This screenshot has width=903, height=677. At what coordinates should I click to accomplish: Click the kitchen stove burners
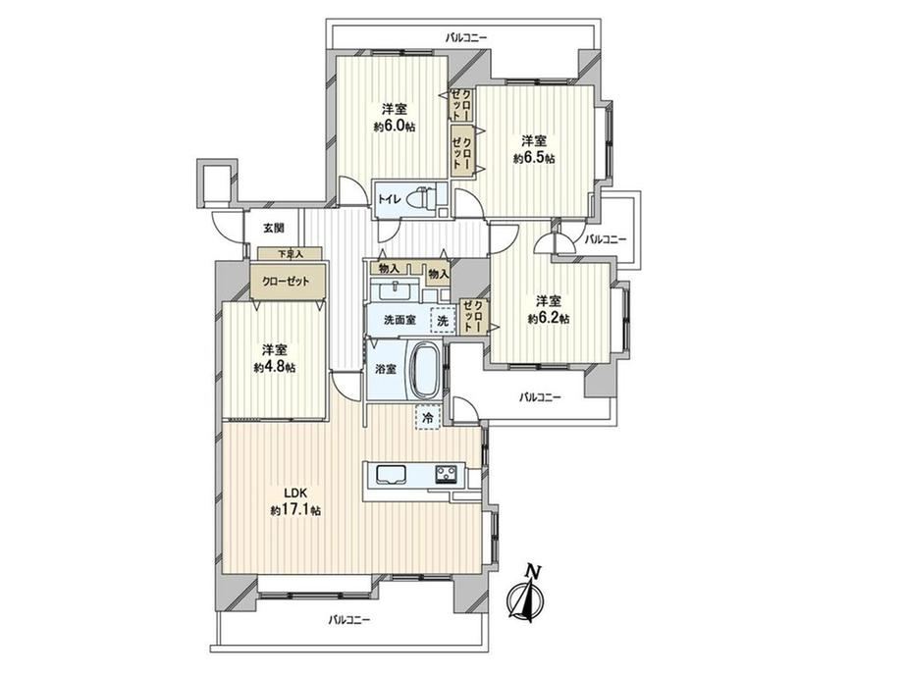pyautogui.click(x=446, y=475)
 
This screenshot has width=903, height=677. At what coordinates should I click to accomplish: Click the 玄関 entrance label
pyautogui.click(x=274, y=228)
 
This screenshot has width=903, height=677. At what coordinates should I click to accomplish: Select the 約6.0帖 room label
pyautogui.click(x=395, y=118)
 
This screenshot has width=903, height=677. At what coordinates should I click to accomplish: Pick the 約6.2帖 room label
pyautogui.click(x=549, y=309)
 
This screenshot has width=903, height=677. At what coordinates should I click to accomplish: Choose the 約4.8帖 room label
pyautogui.click(x=275, y=358)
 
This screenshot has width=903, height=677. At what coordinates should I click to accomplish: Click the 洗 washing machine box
pyautogui.click(x=443, y=320)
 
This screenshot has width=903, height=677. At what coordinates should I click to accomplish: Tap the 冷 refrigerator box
pyautogui.click(x=427, y=417)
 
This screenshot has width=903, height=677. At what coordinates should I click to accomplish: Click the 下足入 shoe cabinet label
pyautogui.click(x=291, y=253)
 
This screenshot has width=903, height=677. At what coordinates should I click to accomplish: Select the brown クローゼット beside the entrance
pyautogui.click(x=288, y=282)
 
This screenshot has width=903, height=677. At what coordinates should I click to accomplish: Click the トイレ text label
pyautogui.click(x=389, y=200)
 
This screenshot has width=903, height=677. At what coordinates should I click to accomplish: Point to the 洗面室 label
pyautogui.click(x=399, y=320)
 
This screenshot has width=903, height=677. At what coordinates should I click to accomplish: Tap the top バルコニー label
pyautogui.click(x=466, y=38)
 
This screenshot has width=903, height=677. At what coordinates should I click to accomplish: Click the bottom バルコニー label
pyautogui.click(x=349, y=620)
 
